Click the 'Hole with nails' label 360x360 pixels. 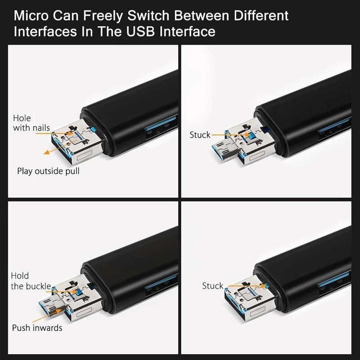tap(31, 123)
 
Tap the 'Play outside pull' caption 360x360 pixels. tap(48, 171)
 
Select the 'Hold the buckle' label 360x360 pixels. tap(31, 281)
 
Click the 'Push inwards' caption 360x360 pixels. tap(37, 328)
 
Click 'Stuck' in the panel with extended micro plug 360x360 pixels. tap(200, 135)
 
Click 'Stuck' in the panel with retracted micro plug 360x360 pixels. tap(212, 286)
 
